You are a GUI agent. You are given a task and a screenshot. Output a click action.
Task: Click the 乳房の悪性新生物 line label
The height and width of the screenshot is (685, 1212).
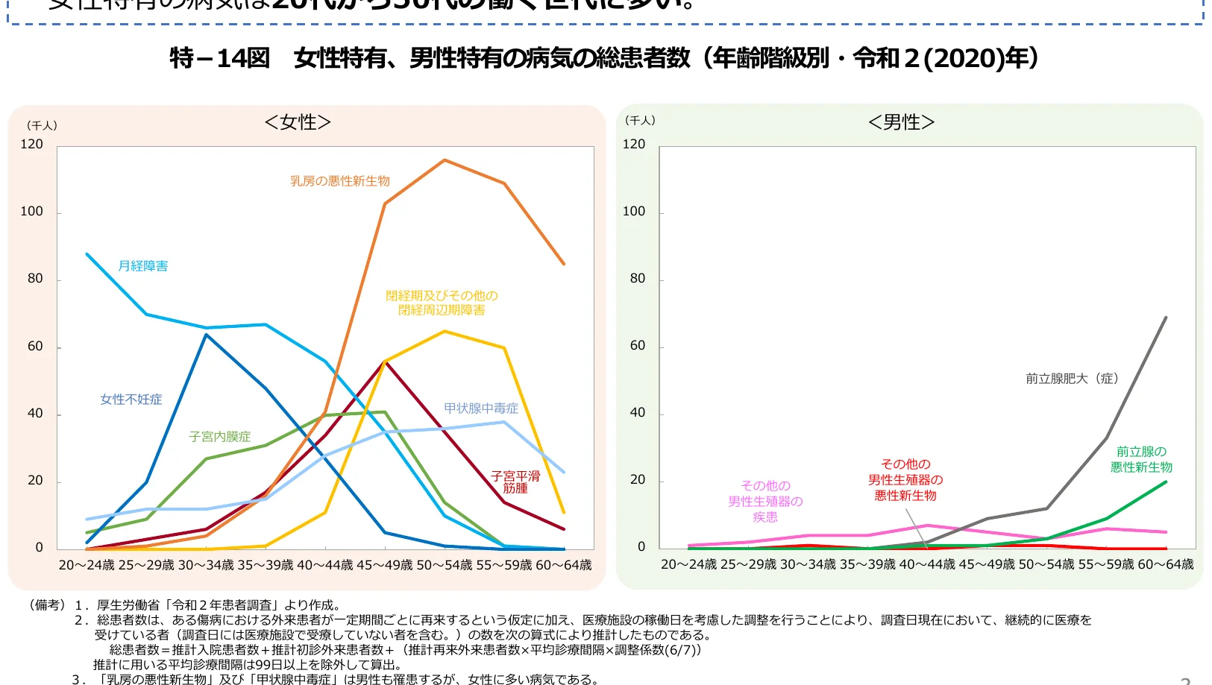[x=340, y=181]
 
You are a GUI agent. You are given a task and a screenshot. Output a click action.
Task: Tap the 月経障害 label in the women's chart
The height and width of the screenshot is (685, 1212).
[x=143, y=266]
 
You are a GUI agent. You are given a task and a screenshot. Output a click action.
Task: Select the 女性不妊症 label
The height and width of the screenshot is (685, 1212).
[x=131, y=400]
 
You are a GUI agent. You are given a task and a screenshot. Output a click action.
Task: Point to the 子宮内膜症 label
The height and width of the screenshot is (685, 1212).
[x=220, y=437]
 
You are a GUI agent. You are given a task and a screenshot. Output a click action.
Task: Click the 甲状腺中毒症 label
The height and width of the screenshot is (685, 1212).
[x=481, y=408]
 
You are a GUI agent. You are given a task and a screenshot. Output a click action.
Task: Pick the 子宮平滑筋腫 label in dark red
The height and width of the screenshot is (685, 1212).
[x=515, y=482]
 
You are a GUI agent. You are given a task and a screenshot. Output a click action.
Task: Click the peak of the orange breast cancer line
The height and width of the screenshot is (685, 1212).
[x=445, y=160]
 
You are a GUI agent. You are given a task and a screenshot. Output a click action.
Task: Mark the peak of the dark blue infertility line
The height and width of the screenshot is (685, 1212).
[x=206, y=335]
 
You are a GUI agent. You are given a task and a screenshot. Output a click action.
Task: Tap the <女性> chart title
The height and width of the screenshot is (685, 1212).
[x=298, y=122]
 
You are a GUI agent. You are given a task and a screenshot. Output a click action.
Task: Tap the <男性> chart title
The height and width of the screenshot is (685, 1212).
[x=901, y=122]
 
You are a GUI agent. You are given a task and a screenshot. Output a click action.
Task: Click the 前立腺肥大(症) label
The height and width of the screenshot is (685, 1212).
[x=1072, y=379]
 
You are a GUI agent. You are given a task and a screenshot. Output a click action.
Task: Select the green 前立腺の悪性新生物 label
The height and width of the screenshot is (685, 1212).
[x=1141, y=459]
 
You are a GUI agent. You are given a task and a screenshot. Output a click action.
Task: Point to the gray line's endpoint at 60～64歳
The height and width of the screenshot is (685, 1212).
[x=1166, y=318]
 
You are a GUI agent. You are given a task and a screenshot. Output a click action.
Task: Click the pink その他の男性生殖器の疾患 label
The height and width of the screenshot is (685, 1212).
[x=765, y=501]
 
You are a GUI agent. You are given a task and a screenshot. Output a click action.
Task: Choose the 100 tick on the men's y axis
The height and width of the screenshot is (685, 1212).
[x=634, y=212]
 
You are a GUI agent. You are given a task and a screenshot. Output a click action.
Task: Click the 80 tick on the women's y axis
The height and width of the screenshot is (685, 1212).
[x=35, y=279]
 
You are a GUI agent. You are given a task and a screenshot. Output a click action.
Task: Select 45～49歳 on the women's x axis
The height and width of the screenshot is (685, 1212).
[x=385, y=565]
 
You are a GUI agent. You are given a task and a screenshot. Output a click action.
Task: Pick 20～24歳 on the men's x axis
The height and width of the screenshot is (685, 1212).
[x=689, y=564]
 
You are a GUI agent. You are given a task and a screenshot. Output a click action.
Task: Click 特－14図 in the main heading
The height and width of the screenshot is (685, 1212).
[x=220, y=58]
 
